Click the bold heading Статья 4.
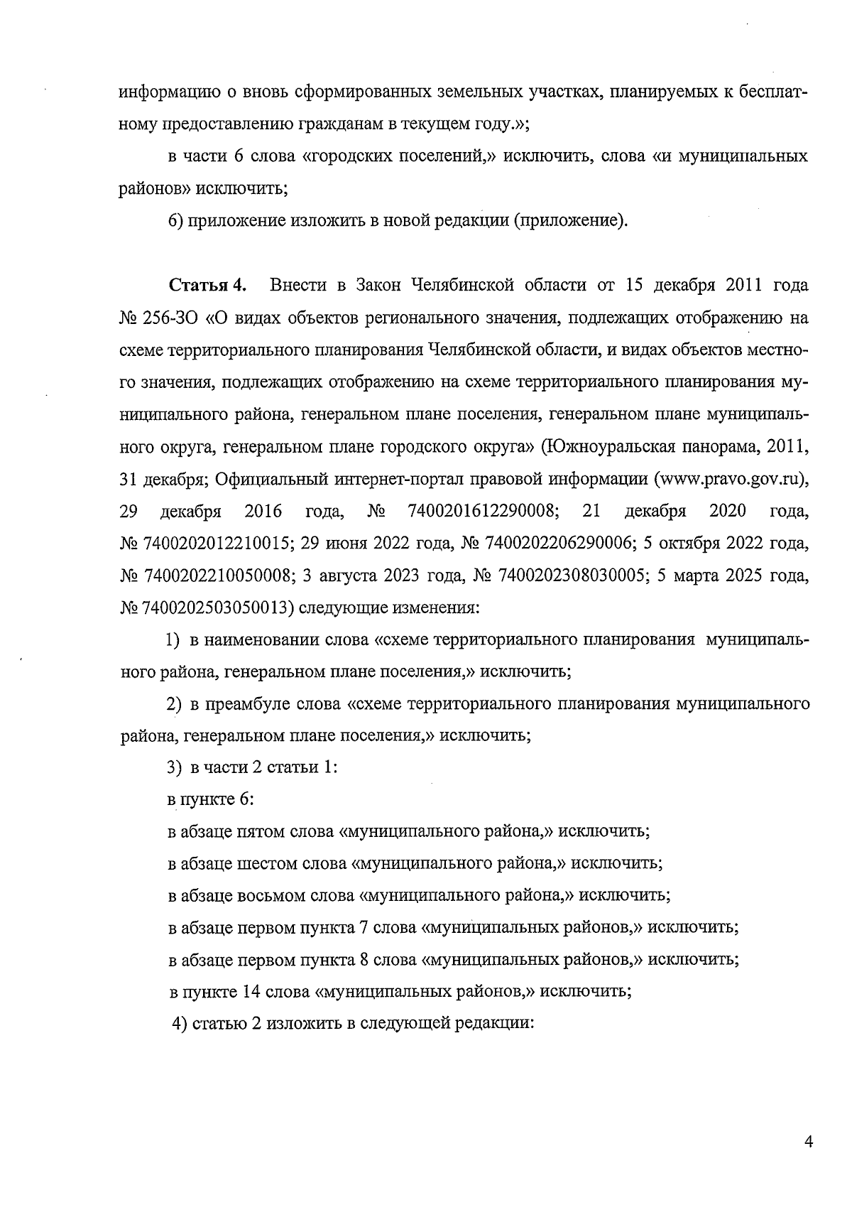tap(207, 286)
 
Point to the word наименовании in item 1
tap(262, 639)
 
